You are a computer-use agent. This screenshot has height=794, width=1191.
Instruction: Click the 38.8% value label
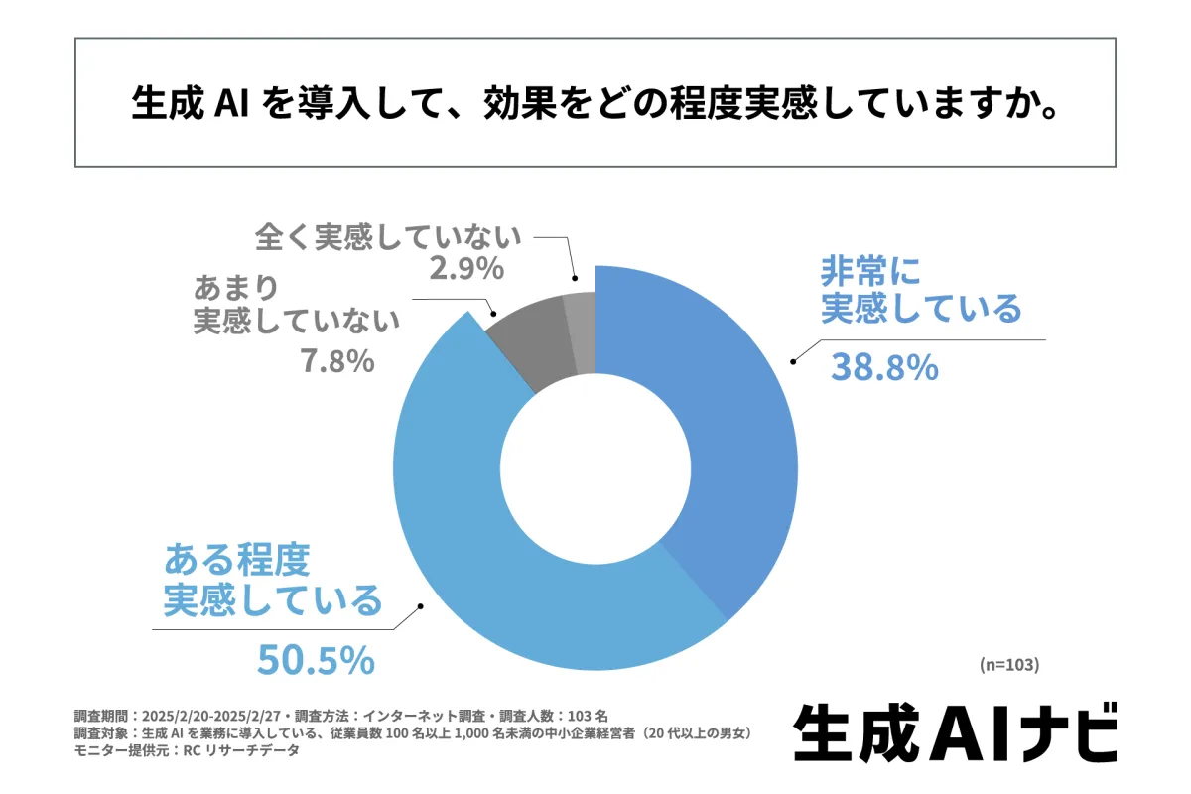(884, 368)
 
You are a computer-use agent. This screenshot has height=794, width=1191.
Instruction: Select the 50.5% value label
(316, 659)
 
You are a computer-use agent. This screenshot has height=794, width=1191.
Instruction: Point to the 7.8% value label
(336, 361)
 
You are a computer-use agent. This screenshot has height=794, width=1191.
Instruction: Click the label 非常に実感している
(920, 290)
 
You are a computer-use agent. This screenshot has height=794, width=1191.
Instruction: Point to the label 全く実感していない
(387, 238)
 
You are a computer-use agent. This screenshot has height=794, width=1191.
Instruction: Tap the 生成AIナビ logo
(956, 731)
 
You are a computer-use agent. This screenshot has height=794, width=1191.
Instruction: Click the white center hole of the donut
(595, 466)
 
